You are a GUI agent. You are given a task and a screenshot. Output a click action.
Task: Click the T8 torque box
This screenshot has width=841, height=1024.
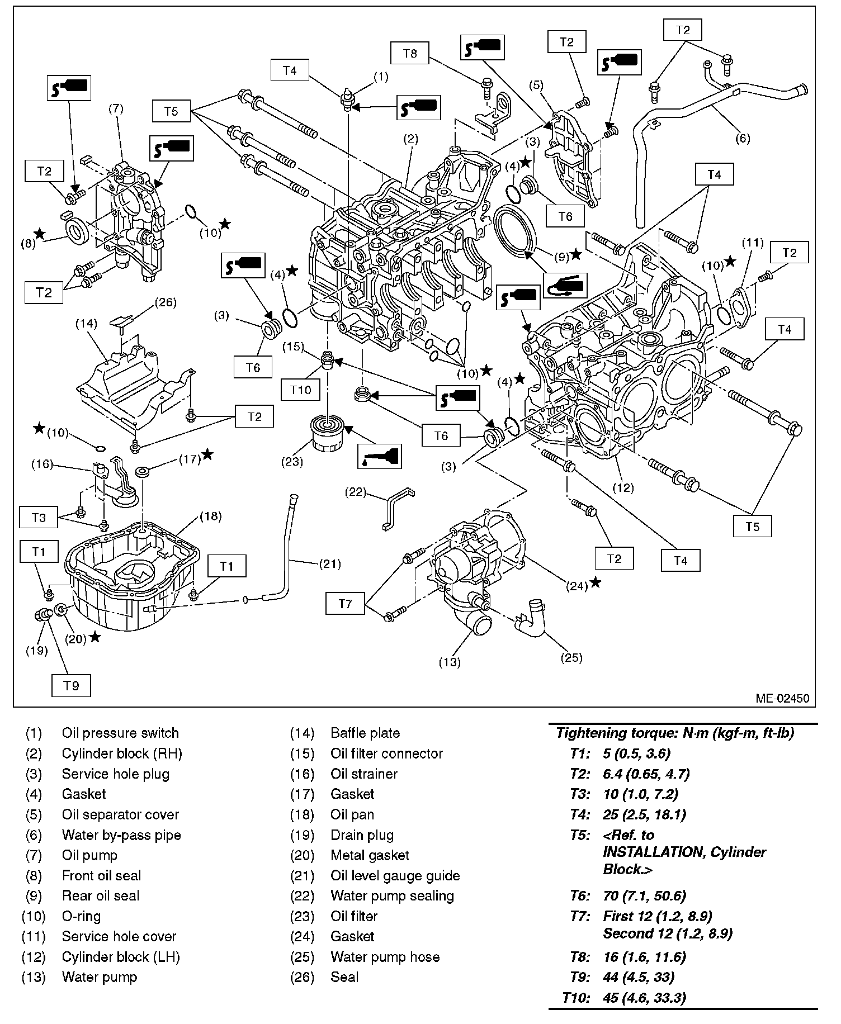pyautogui.click(x=410, y=54)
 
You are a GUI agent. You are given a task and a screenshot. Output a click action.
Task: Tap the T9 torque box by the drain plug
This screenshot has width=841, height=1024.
pyautogui.click(x=71, y=685)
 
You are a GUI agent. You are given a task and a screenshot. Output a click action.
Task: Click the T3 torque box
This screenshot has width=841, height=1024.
pyautogui.click(x=39, y=518)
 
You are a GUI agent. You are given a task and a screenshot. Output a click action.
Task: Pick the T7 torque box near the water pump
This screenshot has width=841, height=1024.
pyautogui.click(x=346, y=604)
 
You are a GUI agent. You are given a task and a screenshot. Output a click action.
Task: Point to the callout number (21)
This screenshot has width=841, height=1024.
pyautogui.click(x=329, y=564)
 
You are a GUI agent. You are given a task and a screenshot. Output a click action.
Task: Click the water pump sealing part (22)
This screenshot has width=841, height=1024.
pyautogui.click(x=399, y=508)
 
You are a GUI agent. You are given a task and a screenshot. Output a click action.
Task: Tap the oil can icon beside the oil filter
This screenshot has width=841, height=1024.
pyautogui.click(x=379, y=457)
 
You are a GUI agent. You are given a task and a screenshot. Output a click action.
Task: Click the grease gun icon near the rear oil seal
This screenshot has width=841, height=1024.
pyautogui.click(x=566, y=285)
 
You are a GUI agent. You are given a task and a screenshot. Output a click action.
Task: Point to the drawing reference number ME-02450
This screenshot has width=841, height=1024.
pyautogui.click(x=782, y=698)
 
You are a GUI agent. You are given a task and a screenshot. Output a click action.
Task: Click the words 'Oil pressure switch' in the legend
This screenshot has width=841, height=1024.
pyautogui.click(x=120, y=733)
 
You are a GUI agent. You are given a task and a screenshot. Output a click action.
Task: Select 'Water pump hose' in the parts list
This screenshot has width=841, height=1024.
pyautogui.click(x=385, y=956)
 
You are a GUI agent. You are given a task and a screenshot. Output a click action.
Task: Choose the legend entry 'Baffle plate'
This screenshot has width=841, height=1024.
pyautogui.click(x=365, y=733)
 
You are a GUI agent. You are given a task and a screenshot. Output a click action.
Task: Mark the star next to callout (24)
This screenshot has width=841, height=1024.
pyautogui.click(x=596, y=582)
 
